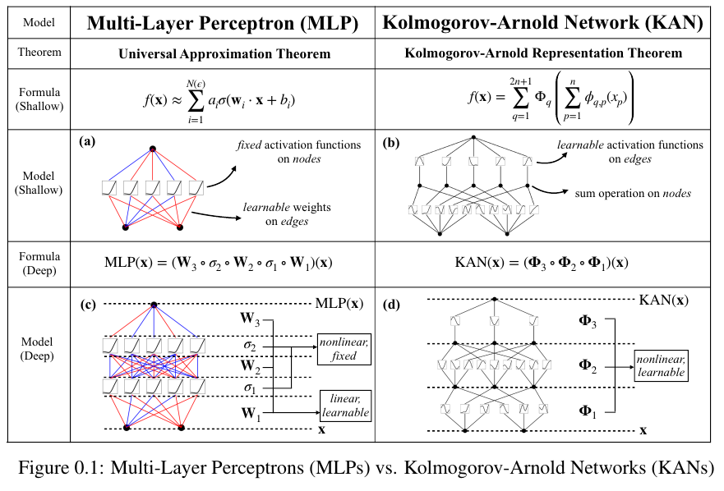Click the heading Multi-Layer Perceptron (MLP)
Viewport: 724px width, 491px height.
223,24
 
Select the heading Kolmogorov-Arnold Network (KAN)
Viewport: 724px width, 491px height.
544,24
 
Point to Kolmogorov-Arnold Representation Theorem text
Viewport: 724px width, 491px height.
544,53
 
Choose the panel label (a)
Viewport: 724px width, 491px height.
87,141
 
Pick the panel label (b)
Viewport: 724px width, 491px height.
391,141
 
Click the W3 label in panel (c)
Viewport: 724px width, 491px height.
251,316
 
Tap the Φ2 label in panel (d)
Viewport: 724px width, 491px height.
588,364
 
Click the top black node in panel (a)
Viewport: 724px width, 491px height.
153,149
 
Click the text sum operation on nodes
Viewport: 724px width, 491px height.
632,193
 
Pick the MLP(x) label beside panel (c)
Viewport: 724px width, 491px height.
339,303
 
